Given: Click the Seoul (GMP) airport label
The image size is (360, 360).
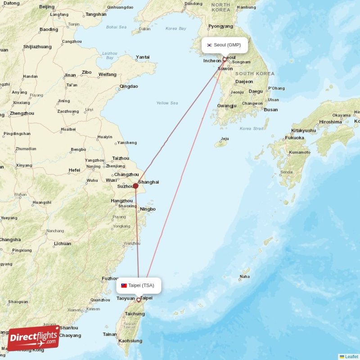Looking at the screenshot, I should click(x=227, y=45).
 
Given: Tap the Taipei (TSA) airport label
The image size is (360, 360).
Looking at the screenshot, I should click(x=141, y=285).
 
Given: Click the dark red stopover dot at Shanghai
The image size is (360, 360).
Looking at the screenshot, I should click(x=135, y=185).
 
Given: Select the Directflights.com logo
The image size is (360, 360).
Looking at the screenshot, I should click(x=33, y=337).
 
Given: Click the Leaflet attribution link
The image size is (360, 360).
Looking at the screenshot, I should click(x=351, y=356).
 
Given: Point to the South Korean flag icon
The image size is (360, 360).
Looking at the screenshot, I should click(x=209, y=45).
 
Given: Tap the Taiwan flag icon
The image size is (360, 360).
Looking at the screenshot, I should click(x=124, y=285).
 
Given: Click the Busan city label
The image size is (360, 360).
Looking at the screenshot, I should click(x=270, y=110).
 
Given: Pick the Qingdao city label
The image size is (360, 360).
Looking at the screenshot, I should click(x=129, y=86).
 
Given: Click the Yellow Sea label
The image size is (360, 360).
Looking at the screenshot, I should click(x=167, y=103).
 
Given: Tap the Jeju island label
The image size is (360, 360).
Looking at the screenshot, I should click(x=225, y=139).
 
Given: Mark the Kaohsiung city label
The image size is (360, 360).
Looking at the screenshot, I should click(x=130, y=341).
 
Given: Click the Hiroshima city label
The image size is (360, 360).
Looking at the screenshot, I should click(x=330, y=122).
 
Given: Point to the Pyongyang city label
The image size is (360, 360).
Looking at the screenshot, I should click(x=220, y=27).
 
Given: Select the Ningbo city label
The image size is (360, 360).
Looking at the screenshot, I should click(x=148, y=209).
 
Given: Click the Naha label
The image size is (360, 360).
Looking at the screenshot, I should click(x=244, y=276).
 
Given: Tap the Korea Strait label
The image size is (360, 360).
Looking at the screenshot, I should click(x=252, y=129).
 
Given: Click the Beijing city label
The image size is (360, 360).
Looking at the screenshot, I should click(x=47, y=7).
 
